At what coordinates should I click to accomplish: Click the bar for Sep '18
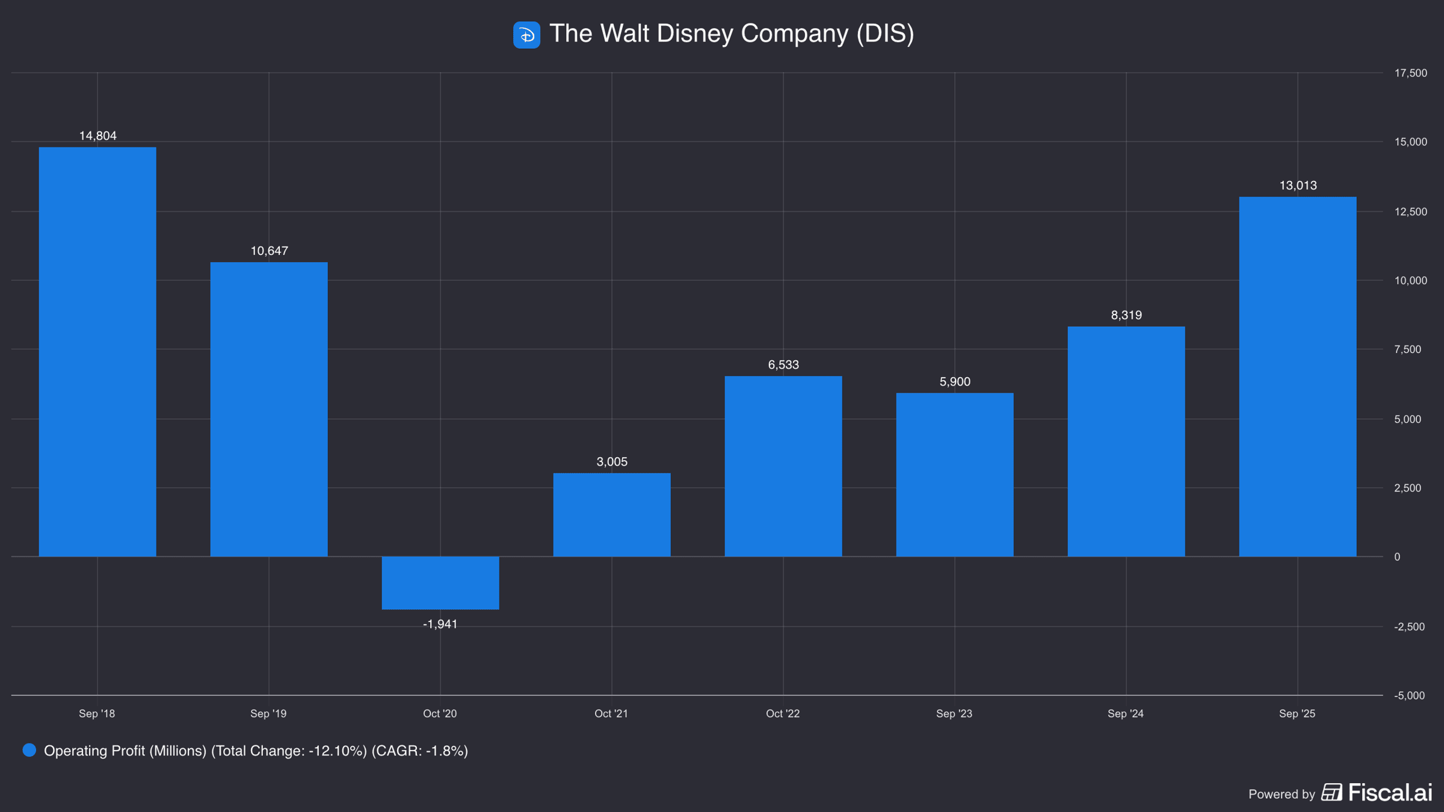pos(97,352)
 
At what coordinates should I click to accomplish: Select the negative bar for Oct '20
pos(440,583)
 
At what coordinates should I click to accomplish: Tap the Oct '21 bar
pos(612,515)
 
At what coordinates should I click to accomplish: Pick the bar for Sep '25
pos(1298,377)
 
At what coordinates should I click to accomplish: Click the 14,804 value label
pos(98,136)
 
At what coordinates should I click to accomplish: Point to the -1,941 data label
pos(440,624)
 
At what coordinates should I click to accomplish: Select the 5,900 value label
pos(955,382)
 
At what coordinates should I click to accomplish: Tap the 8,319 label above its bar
pos(1126,315)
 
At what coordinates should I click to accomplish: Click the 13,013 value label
pos(1298,185)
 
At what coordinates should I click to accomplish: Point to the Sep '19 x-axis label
pos(268,714)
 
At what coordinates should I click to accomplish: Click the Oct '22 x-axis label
pos(783,714)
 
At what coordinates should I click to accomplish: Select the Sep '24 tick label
pos(1126,714)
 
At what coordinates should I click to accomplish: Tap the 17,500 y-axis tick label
pos(1411,73)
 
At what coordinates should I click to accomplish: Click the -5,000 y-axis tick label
pos(1410,696)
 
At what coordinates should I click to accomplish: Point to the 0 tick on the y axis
pos(1397,557)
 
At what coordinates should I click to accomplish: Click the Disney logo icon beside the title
pos(526,35)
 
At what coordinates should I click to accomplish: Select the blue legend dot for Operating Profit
pos(29,750)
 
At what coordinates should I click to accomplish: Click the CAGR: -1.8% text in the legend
pos(419,751)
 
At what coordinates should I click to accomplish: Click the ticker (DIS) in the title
pos(885,34)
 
